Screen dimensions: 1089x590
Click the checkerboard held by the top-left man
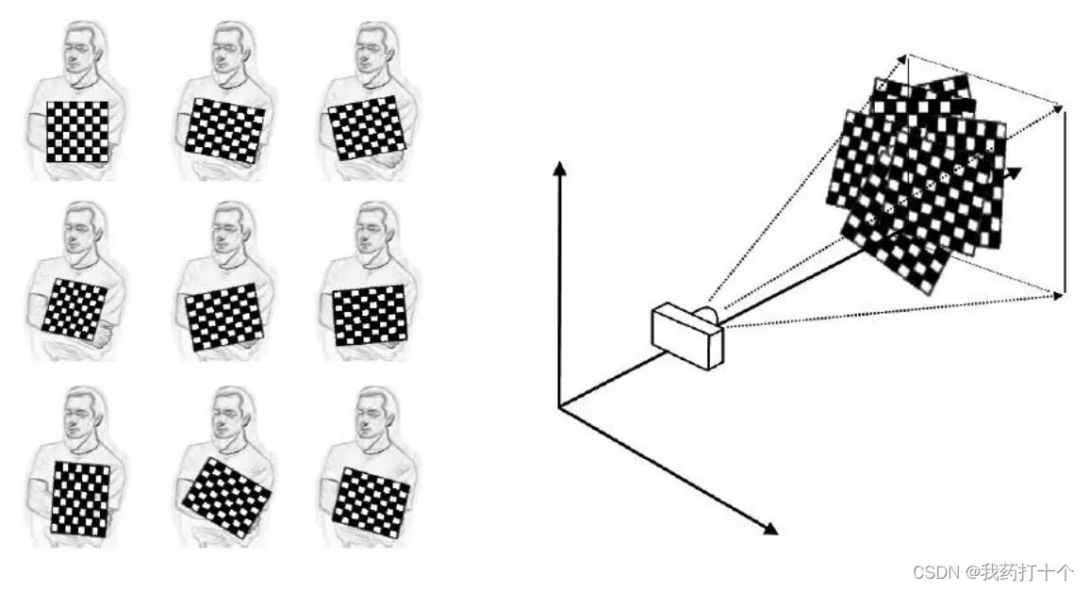coord(77,132)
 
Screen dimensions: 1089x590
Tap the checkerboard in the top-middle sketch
coord(225,130)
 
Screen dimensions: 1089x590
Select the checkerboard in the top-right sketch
coord(367,128)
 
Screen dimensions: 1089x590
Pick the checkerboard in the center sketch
coord(224,317)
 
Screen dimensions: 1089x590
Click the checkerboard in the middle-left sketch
coord(75,309)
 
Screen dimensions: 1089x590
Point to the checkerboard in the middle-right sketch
coord(369,315)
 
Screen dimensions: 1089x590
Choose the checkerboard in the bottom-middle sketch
coord(226,497)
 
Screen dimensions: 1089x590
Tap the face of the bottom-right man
coord(371,420)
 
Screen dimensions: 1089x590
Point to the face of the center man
coord(226,235)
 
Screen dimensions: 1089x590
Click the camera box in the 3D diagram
coord(687,336)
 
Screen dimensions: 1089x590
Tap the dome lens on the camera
coord(706,315)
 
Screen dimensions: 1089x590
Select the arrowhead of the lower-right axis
coord(770,529)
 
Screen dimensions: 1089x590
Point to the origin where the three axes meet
coord(559,407)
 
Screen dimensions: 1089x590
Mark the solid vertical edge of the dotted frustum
coord(1064,202)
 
